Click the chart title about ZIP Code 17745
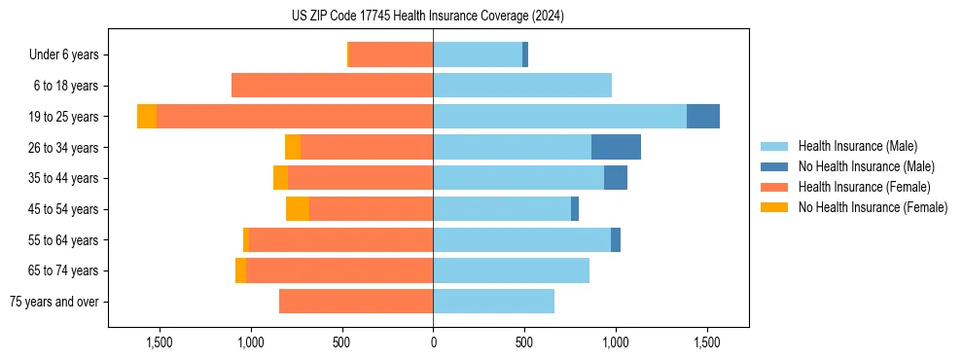(428, 16)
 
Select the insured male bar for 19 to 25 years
(559, 117)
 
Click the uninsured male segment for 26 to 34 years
(616, 147)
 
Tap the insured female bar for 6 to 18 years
(332, 86)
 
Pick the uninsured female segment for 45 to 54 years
(298, 209)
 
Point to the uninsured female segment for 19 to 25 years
(147, 117)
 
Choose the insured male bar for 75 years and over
(493, 302)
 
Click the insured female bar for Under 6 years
(391, 54)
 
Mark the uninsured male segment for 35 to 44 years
(616, 178)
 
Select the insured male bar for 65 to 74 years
(511, 270)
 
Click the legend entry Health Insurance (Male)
(857, 146)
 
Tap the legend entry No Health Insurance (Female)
(873, 207)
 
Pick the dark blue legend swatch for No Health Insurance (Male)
(774, 166)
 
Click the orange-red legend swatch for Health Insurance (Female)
(774, 187)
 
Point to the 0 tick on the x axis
(433, 342)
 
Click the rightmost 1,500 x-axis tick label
(706, 342)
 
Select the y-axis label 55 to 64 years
(64, 240)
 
